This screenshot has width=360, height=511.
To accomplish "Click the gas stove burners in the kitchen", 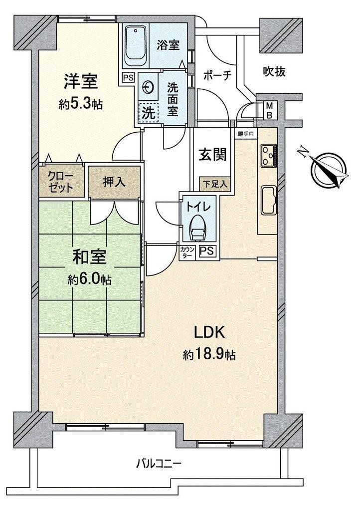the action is pos(269,155).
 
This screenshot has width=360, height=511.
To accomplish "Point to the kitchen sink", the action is pos(269,201).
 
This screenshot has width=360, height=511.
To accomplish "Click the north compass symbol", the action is pos(328,171).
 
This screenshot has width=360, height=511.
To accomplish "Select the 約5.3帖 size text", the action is pos(81,104).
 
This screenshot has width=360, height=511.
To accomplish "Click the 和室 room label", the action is pos(89,257).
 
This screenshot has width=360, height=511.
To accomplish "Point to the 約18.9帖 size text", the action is pos(209,355).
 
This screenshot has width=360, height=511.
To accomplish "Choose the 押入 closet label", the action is pos(114,182).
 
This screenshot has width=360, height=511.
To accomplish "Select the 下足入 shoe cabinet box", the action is pos(215,184).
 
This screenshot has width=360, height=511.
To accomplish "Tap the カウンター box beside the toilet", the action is pos(188,253).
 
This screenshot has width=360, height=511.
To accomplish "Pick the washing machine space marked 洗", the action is pos(148,113).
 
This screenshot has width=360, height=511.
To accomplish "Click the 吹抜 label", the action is pos(274,71).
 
